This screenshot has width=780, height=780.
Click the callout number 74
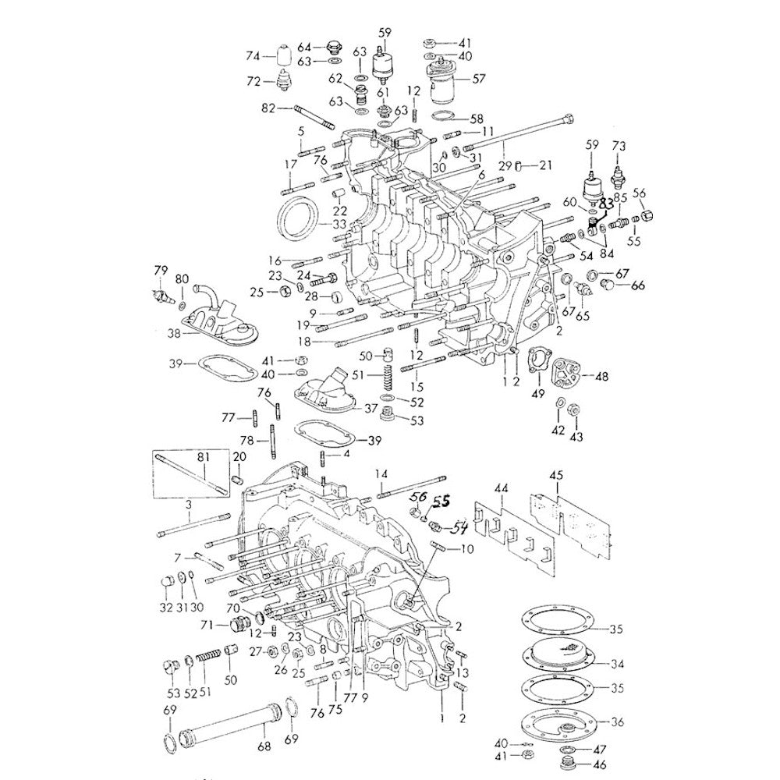pos(252,56)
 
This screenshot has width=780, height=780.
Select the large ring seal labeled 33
pos(300,222)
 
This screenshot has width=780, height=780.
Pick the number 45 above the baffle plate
pos(556,475)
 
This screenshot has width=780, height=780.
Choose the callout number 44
pos(502,487)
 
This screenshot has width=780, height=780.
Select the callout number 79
pos(161,271)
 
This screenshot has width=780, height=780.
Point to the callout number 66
pos(638,285)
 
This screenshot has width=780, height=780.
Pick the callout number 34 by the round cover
pos(618,665)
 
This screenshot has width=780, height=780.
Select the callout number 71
pos(207,624)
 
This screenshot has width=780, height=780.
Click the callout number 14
pos(381,473)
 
